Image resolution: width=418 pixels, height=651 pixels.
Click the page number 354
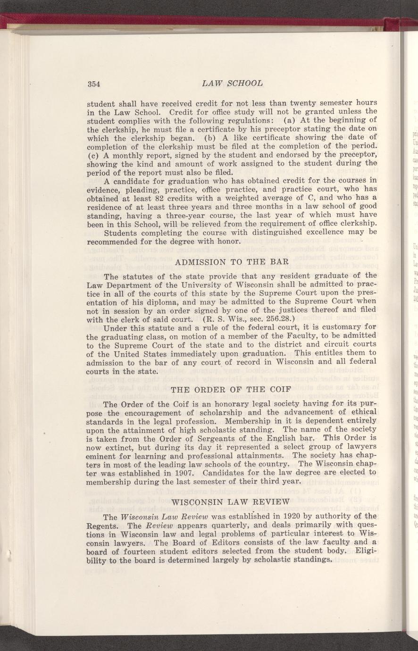[95, 84]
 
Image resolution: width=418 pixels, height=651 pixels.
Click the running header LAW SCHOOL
[232, 83]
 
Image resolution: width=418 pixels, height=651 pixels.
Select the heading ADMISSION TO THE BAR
[232, 261]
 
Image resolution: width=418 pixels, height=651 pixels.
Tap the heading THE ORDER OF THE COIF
[232, 390]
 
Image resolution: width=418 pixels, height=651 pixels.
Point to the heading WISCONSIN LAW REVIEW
[232, 501]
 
